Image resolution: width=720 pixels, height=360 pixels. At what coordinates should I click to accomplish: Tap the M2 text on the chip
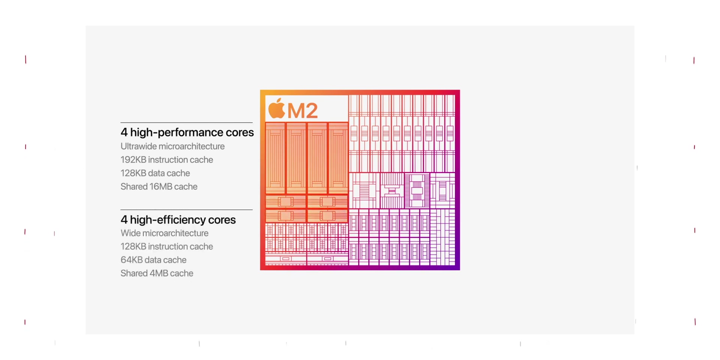click(x=303, y=111)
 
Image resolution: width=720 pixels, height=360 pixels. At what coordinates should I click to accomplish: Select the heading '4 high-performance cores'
click(x=187, y=132)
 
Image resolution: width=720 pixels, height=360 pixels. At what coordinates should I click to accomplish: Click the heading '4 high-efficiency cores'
click(x=178, y=220)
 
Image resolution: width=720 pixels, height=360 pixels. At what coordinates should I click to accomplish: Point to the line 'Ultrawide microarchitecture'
click(x=172, y=146)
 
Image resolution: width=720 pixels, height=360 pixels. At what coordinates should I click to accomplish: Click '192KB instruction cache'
click(x=167, y=160)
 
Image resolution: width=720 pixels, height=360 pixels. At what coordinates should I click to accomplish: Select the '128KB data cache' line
click(x=155, y=173)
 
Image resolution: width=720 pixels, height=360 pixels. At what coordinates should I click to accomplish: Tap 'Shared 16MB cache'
click(x=159, y=187)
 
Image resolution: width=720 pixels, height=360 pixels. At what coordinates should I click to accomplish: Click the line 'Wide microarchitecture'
click(x=165, y=233)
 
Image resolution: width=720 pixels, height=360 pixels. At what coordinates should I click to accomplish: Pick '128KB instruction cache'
click(x=167, y=246)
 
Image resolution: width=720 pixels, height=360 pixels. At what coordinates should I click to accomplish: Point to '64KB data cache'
click(x=153, y=260)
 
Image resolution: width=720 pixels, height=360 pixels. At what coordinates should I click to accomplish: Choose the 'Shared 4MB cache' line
click(x=157, y=273)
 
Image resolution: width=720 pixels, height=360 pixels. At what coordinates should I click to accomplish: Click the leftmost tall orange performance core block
click(x=275, y=158)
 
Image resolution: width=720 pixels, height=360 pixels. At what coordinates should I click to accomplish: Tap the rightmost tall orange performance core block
click(x=338, y=158)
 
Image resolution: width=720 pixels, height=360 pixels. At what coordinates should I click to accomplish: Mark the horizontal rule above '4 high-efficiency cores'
click(x=186, y=210)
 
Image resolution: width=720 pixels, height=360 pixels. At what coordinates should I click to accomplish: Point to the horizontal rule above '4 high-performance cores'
click(x=186, y=123)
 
